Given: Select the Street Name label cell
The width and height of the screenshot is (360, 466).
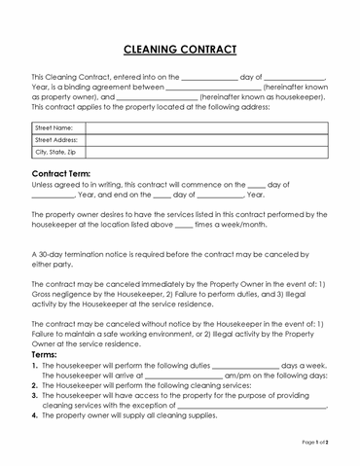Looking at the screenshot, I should tap(54, 127).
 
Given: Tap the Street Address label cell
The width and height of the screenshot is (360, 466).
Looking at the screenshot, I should tap(55, 140).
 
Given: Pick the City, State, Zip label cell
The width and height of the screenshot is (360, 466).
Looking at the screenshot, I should tap(55, 153).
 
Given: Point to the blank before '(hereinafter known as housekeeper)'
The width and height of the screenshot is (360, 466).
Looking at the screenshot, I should tap(156, 97).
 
